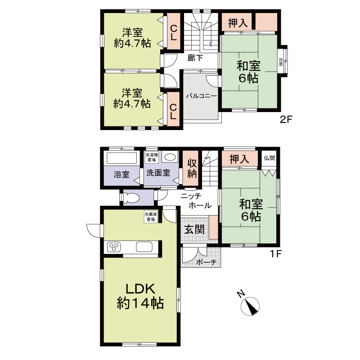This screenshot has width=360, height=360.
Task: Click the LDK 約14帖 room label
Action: pyautogui.click(x=140, y=296)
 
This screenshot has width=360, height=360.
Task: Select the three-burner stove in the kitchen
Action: pyautogui.click(x=114, y=247)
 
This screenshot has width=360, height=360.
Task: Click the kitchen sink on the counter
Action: pyautogui.click(x=144, y=247)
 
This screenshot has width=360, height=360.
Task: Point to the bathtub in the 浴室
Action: pyautogui.click(x=122, y=158)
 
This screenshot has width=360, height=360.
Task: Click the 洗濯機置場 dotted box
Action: pyautogui.click(x=152, y=157)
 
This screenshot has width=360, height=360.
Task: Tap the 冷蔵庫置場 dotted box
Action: pyautogui.click(x=151, y=217)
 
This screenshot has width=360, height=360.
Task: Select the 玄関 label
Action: pyautogui.click(x=194, y=229)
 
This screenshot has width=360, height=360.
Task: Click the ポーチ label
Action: pyautogui.click(x=206, y=262)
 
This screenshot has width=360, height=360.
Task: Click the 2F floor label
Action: pyautogui.click(x=286, y=119)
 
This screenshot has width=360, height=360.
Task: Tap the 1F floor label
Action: pyautogui.click(x=275, y=254)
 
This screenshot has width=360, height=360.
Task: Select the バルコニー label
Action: pyautogui.click(x=201, y=96)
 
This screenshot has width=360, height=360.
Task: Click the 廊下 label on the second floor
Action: pyautogui.click(x=195, y=58)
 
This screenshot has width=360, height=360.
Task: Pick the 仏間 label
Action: pyautogui.click(x=269, y=158)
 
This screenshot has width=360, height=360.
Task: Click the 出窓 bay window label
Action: pyautogui.click(x=280, y=62)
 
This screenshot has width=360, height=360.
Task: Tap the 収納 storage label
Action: pyautogui.click(x=192, y=168)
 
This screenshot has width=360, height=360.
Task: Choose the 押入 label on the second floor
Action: pyautogui.click(x=238, y=23)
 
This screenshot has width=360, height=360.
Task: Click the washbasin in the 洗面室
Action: pyautogui.click(x=170, y=157)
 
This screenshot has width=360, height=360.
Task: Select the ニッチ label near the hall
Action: pyautogui.click(x=191, y=196)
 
